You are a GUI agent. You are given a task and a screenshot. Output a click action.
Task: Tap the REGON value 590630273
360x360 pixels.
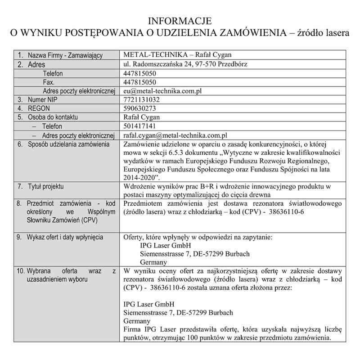(x=139, y=108)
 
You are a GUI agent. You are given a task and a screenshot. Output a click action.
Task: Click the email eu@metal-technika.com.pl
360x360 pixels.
(x=162, y=90)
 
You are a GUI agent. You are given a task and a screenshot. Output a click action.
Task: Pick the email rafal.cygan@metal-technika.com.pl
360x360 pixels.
(x=175, y=135)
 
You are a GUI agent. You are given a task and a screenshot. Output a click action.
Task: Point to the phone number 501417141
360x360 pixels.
(x=139, y=126)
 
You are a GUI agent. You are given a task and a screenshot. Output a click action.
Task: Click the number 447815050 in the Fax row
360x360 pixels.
(x=139, y=82)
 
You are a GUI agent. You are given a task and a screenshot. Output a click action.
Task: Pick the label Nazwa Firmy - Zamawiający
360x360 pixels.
(x=66, y=55)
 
